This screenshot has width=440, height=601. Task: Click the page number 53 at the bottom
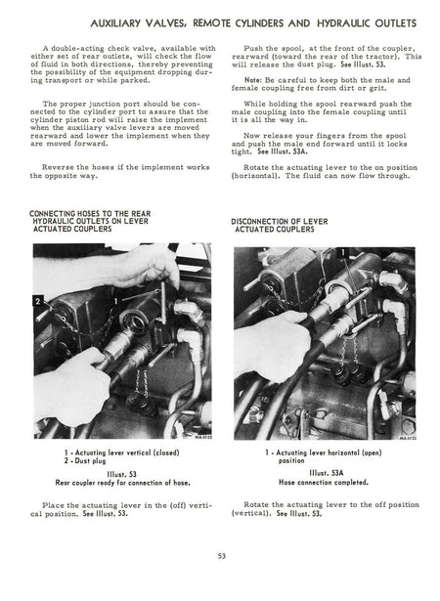[222, 556]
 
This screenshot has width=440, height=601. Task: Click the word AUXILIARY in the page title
[115, 23]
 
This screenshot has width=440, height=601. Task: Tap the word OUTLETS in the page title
[395, 23]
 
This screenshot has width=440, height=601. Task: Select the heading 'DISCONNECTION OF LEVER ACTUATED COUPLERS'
[280, 226]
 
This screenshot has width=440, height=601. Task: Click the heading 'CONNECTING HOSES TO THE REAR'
[90, 213]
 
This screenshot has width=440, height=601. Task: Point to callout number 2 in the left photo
[38, 302]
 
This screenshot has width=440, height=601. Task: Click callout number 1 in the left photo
[115, 302]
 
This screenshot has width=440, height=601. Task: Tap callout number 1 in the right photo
[342, 252]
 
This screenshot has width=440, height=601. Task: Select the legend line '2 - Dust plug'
[85, 460]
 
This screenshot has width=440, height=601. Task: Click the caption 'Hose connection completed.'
[324, 482]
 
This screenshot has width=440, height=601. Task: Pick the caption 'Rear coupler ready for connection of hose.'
[123, 483]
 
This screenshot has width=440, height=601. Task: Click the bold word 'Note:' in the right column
[253, 80]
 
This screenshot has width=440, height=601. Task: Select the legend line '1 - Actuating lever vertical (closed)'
[121, 452]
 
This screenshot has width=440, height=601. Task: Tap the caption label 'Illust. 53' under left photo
[121, 475]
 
